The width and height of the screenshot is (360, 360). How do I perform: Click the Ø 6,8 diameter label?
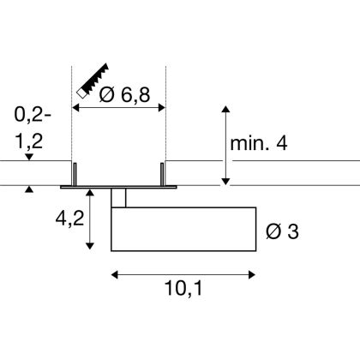(x=124, y=94)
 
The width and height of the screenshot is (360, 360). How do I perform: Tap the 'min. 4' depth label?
(x=259, y=143)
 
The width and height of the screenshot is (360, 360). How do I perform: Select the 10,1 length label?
(x=183, y=288)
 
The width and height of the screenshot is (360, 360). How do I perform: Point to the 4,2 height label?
(x=69, y=219)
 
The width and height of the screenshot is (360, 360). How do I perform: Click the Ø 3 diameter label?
(x=282, y=231)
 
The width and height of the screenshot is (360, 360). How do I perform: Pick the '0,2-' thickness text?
(x=33, y=115)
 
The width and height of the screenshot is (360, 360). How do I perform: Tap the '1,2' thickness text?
(x=29, y=141)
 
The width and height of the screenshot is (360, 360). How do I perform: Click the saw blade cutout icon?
(x=93, y=81)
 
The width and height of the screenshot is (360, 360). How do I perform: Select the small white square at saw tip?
(x=81, y=93)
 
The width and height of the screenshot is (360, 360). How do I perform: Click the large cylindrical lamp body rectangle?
(x=183, y=229)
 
